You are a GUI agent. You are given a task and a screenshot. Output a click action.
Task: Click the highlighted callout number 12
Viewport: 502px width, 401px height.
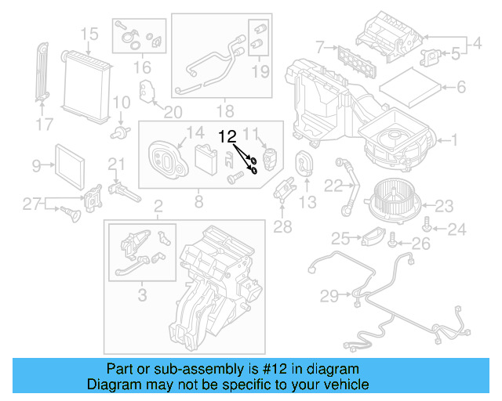[x=227, y=135]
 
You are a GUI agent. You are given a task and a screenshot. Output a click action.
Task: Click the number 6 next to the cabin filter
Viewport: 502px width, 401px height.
[x=461, y=87]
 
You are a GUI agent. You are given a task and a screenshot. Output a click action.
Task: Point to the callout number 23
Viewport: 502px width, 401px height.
[x=445, y=207]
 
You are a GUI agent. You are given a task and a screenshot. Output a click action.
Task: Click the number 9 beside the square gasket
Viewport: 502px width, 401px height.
[x=36, y=165]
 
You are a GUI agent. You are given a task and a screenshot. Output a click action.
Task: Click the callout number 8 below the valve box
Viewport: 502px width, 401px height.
[x=198, y=202]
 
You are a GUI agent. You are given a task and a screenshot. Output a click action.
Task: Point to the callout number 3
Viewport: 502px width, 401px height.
[x=142, y=295]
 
